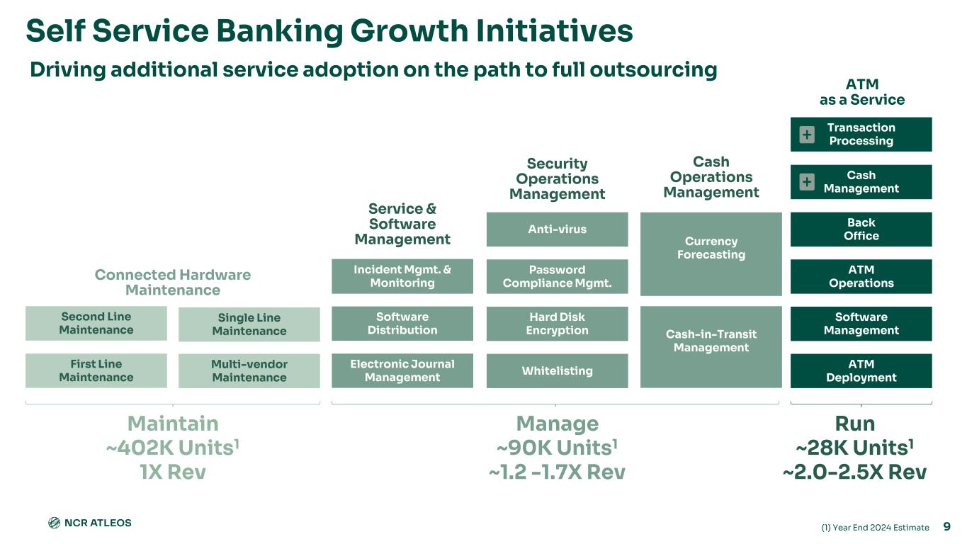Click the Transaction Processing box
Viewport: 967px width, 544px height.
(861, 134)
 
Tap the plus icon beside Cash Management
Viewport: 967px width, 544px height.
(807, 182)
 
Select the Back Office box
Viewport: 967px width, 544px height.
(861, 229)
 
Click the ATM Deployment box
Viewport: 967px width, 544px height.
(861, 370)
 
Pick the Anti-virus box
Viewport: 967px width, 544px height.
(557, 229)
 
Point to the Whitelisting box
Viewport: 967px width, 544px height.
(557, 370)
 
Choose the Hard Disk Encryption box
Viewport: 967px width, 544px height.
(557, 323)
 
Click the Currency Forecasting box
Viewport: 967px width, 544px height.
(711, 253)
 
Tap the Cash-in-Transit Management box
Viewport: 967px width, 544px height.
(711, 346)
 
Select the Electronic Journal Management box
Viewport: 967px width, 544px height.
(402, 370)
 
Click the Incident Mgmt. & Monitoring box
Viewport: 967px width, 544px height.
(402, 276)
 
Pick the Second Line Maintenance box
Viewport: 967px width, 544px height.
(96, 323)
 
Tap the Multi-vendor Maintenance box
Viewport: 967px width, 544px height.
(249, 370)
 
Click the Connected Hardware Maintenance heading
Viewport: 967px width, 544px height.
(172, 282)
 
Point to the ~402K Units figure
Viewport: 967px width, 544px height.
(172, 448)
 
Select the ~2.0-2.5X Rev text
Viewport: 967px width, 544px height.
(854, 472)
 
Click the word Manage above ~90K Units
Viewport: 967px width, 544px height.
(557, 424)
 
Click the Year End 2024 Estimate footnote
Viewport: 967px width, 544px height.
(875, 528)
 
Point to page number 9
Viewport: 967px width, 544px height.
(947, 526)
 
